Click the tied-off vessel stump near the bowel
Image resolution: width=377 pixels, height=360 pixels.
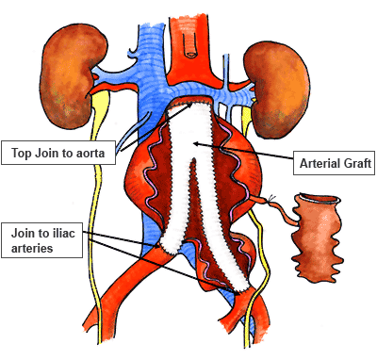(273, 200)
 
